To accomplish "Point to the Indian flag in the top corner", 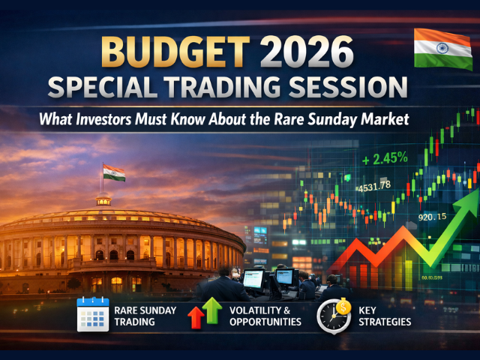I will (x=442, y=47).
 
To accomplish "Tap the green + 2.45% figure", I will (x=385, y=160).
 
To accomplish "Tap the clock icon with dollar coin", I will (x=334, y=315).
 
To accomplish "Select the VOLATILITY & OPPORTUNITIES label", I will (x=265, y=315).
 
